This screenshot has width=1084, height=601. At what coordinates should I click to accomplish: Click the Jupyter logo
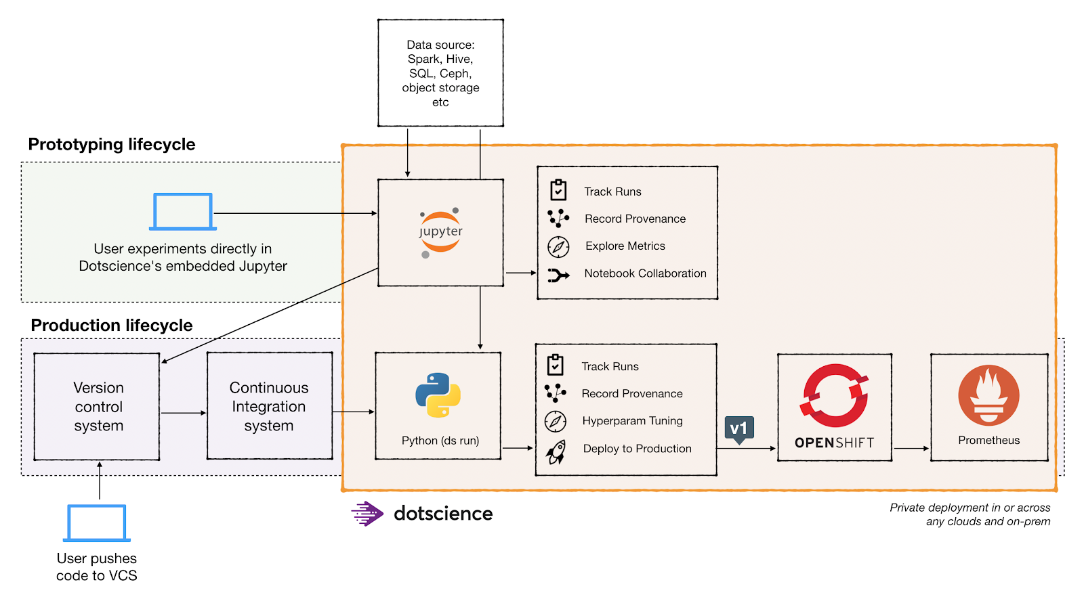[440, 232]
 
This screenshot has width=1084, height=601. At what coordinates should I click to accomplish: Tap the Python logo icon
[438, 395]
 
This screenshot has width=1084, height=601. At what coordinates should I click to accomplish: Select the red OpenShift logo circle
[835, 396]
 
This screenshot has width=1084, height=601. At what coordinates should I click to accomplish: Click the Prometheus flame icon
[988, 395]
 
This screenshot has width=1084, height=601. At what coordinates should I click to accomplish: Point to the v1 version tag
[739, 429]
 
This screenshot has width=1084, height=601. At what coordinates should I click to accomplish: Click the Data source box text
[440, 73]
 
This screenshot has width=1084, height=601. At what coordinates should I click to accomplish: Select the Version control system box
[98, 406]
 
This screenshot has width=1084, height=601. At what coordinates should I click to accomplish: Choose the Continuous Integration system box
[269, 406]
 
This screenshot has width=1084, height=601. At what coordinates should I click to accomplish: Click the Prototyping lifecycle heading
[112, 144]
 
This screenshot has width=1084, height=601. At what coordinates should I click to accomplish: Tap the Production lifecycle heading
[112, 326]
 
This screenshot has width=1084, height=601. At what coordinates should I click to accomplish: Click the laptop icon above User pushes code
[97, 523]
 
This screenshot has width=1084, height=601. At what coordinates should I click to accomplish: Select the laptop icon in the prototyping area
[182, 212]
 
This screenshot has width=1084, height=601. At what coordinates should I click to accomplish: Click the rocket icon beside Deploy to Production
[556, 451]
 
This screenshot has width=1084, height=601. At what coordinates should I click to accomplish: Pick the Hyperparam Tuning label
[632, 421]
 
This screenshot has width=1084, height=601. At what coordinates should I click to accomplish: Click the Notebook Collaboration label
[645, 273]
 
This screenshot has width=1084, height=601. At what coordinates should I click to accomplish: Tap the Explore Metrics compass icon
[558, 246]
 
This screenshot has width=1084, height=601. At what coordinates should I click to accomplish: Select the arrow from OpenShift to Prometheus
[911, 448]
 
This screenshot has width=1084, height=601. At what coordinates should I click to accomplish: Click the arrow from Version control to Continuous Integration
[183, 413]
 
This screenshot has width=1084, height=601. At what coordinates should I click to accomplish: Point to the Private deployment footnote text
[970, 514]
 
